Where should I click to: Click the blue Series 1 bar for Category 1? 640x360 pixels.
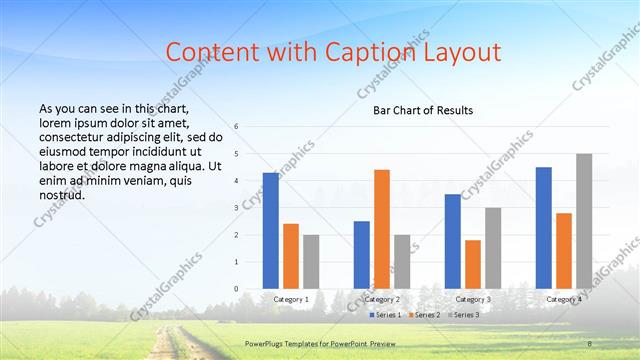pyautogui.click(x=271, y=231)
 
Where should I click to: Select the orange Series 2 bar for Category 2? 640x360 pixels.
pyautogui.click(x=381, y=229)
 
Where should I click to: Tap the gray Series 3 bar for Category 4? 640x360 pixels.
pyautogui.click(x=584, y=221)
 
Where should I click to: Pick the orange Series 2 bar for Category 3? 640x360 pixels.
pyautogui.click(x=473, y=264)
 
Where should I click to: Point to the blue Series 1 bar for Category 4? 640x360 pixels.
pyautogui.click(x=543, y=228)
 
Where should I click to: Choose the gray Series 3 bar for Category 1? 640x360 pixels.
pyautogui.click(x=311, y=262)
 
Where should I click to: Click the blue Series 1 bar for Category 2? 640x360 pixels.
pyautogui.click(x=361, y=255)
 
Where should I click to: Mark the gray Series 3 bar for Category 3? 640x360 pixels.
pyautogui.click(x=493, y=248)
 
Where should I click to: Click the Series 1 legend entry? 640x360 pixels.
pyautogui.click(x=386, y=315)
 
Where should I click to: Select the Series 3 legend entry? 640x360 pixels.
pyautogui.click(x=465, y=315)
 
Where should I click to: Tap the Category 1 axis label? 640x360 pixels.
pyautogui.click(x=291, y=299)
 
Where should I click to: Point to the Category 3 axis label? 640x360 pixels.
pyautogui.click(x=473, y=299)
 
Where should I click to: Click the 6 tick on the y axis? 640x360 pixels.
pyautogui.click(x=236, y=127)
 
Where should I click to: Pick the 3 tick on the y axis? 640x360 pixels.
pyautogui.click(x=236, y=208)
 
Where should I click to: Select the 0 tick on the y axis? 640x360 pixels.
pyautogui.click(x=236, y=289)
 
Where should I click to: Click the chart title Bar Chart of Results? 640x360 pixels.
pyautogui.click(x=423, y=110)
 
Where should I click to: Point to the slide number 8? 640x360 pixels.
pyautogui.click(x=590, y=344)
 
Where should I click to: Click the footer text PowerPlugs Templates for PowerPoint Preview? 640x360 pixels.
pyautogui.click(x=327, y=344)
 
